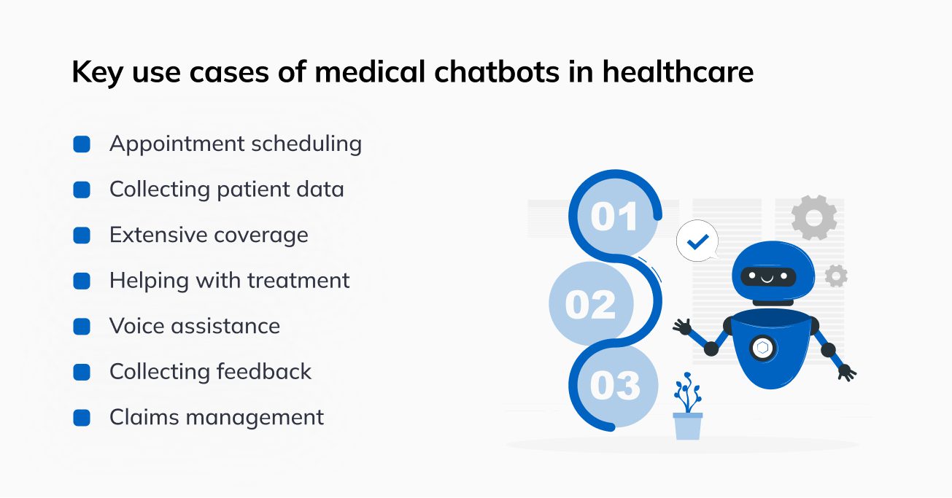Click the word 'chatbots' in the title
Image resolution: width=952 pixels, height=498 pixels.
496,71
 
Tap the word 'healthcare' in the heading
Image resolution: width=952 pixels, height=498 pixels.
678,71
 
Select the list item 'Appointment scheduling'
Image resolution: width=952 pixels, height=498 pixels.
236,144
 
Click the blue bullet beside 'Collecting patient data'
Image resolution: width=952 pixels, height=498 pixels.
82,190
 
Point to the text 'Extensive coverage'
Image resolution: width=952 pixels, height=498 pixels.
209,235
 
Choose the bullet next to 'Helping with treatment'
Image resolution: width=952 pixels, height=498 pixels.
82,281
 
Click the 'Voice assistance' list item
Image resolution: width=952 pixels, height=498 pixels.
195,326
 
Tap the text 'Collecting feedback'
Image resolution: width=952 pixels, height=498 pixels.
210,372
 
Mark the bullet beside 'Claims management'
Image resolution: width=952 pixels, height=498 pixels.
82,418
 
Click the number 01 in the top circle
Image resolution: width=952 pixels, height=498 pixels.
614,217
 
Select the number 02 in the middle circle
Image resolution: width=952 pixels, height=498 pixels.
590,304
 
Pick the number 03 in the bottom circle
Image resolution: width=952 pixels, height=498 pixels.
614,386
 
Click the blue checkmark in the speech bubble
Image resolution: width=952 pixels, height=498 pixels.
698,241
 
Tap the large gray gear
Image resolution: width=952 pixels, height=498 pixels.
814,217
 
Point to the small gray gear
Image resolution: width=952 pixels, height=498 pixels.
836,276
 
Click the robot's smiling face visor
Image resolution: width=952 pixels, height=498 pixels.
768,277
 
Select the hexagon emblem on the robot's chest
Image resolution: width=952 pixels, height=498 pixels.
763,348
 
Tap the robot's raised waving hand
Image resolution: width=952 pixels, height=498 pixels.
683,327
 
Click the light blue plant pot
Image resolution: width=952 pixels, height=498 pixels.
688,427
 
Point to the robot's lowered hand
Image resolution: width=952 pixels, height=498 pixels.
847,373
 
